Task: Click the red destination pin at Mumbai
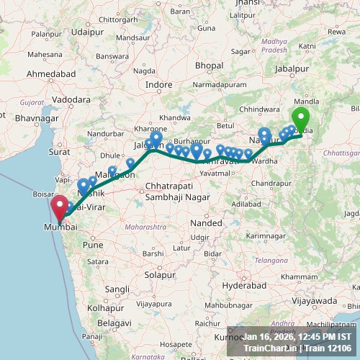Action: pyautogui.click(x=58, y=206)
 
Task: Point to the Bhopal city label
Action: pyautogui.click(x=209, y=66)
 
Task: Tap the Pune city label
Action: pyautogui.click(x=93, y=245)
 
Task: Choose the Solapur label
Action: pyautogui.click(x=159, y=275)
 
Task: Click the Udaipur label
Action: pyautogui.click(x=87, y=32)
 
